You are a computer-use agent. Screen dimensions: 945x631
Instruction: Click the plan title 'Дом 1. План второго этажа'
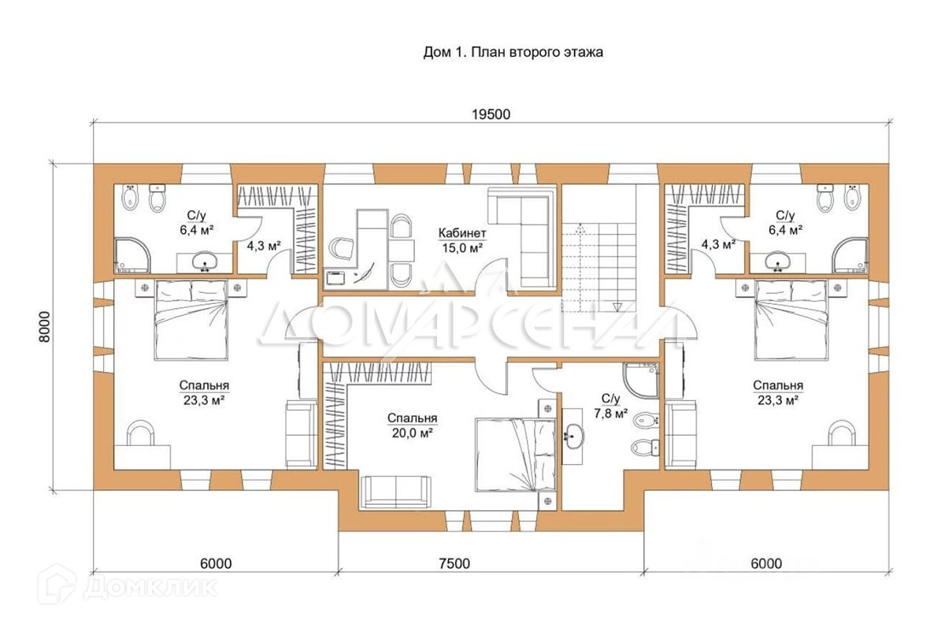513,52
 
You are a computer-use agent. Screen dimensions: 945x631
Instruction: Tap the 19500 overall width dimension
491,114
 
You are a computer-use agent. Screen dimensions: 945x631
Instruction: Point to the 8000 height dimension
44,327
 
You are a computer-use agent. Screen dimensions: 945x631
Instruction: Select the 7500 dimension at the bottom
454,563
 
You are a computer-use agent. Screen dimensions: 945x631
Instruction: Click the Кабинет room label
462,233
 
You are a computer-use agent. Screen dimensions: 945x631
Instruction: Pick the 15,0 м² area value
462,248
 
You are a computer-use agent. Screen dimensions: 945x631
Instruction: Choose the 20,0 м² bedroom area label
412,432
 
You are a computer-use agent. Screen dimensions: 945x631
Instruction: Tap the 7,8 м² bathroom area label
610,414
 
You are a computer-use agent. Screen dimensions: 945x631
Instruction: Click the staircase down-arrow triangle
618,307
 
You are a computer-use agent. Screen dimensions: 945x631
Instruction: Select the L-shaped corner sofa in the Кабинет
523,239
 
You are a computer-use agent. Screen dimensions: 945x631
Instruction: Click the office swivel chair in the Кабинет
341,248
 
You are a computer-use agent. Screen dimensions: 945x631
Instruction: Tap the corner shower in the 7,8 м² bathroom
641,380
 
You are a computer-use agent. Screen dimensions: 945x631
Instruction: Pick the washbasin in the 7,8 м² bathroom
573,436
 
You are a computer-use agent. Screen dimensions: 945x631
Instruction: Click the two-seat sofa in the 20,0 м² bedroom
395,492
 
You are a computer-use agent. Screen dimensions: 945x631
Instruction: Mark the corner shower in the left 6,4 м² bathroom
132,255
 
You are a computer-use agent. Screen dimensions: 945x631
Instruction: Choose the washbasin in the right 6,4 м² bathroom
778,262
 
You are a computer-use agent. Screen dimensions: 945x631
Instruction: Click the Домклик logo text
150,587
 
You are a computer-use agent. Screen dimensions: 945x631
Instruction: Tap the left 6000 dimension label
216,563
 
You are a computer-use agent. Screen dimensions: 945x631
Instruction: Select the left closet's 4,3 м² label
264,245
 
